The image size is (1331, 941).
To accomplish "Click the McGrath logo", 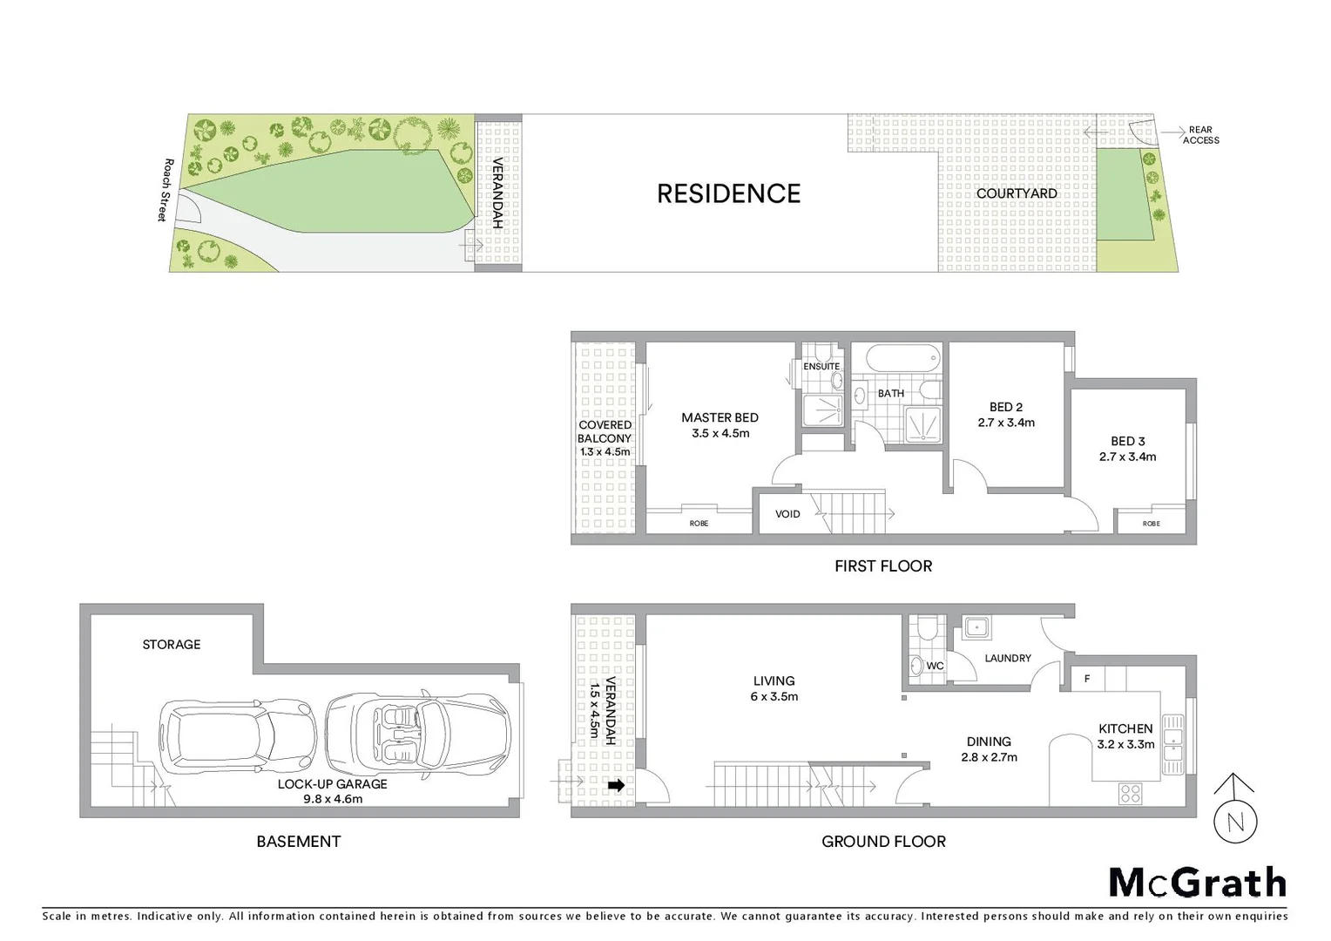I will [x=1198, y=883].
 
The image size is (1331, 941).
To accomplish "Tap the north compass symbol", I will [x=1234, y=819].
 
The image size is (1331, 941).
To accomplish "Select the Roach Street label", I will [x=166, y=190].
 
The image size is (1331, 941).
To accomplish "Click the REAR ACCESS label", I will [x=1200, y=135].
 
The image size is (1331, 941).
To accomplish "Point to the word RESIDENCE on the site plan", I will [x=728, y=193].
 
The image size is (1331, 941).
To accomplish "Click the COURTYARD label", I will [x=1017, y=193].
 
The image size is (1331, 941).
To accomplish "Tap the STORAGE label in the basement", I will [x=172, y=645].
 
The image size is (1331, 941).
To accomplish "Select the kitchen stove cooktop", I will [x=1130, y=793].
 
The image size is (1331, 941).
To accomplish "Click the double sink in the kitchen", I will [x=1172, y=745].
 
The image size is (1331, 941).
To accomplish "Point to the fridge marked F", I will [x=1087, y=679].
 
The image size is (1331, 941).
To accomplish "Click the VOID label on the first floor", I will [x=787, y=514].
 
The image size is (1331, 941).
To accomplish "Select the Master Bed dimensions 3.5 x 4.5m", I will [x=720, y=433].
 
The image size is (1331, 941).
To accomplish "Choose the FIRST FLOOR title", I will [x=883, y=566].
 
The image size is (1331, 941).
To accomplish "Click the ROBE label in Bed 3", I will [x=1151, y=524].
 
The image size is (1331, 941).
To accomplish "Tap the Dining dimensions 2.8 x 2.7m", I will [x=989, y=757].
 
